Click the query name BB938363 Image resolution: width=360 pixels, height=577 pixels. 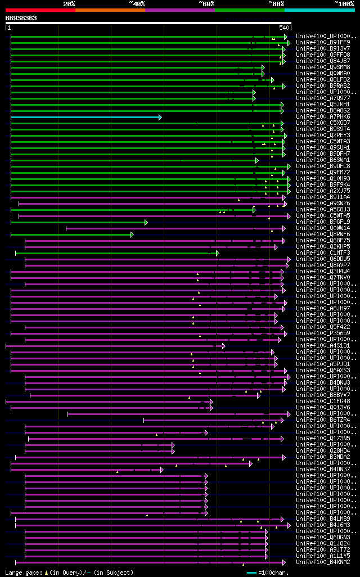[x=21, y=18]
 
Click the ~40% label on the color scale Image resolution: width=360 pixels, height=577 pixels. [x=137, y=4]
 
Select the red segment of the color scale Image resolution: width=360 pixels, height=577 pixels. [x=40, y=10]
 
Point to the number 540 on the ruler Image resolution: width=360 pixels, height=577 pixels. [x=283, y=28]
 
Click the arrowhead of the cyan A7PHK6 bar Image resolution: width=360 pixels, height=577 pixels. [x=160, y=117]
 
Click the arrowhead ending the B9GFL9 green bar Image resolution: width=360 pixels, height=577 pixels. [x=146, y=222]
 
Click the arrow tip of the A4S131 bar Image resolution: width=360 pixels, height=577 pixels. [x=224, y=346]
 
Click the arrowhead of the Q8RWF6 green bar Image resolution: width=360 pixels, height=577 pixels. [x=132, y=235]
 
